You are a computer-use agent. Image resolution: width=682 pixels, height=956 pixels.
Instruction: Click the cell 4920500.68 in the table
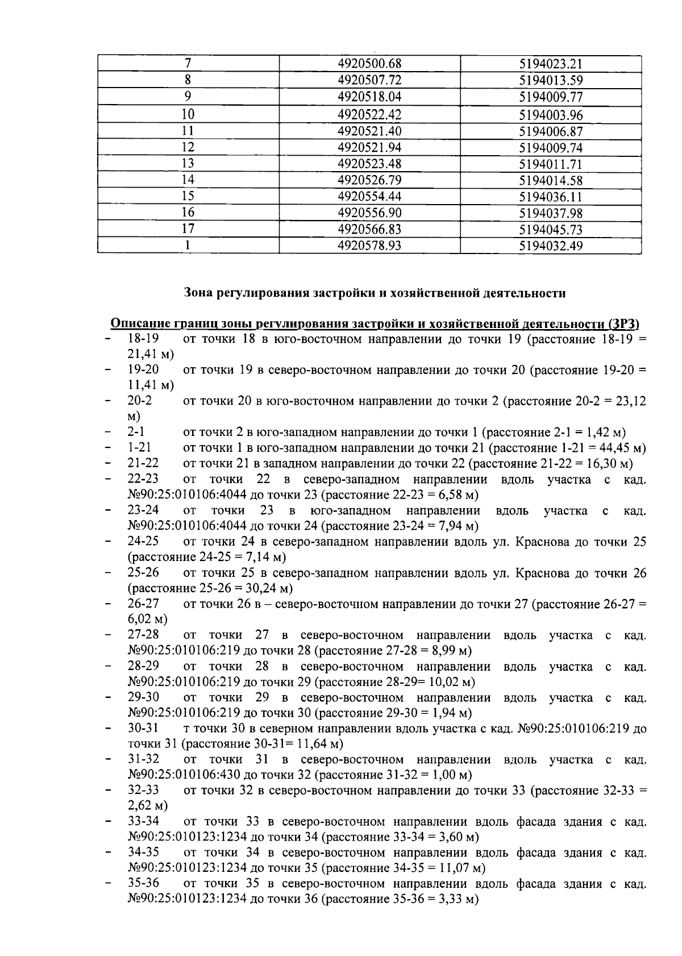(x=369, y=64)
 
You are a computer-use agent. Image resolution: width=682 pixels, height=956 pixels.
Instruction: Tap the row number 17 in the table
(x=188, y=229)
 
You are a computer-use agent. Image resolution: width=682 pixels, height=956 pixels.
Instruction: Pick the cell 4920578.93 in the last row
(x=369, y=246)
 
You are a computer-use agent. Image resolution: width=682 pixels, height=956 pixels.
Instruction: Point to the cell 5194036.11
(x=551, y=197)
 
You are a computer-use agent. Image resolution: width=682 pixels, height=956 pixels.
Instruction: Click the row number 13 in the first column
(x=188, y=164)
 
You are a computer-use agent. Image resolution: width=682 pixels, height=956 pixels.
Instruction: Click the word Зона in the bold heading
(x=199, y=293)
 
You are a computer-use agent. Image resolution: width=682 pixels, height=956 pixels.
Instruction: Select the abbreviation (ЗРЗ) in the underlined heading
(x=623, y=324)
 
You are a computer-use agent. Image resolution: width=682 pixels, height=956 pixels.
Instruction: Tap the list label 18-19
(x=143, y=339)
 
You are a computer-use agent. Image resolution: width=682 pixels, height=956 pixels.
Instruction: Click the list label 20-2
(x=140, y=401)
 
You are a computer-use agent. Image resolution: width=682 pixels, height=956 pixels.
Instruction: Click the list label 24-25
(x=143, y=541)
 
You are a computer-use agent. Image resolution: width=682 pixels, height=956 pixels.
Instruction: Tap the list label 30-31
(x=143, y=728)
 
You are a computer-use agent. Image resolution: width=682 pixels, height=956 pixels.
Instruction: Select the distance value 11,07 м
(x=460, y=868)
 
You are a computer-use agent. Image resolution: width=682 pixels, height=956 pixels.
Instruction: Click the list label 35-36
(x=143, y=884)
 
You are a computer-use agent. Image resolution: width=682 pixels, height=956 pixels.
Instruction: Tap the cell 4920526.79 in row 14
(x=369, y=181)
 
